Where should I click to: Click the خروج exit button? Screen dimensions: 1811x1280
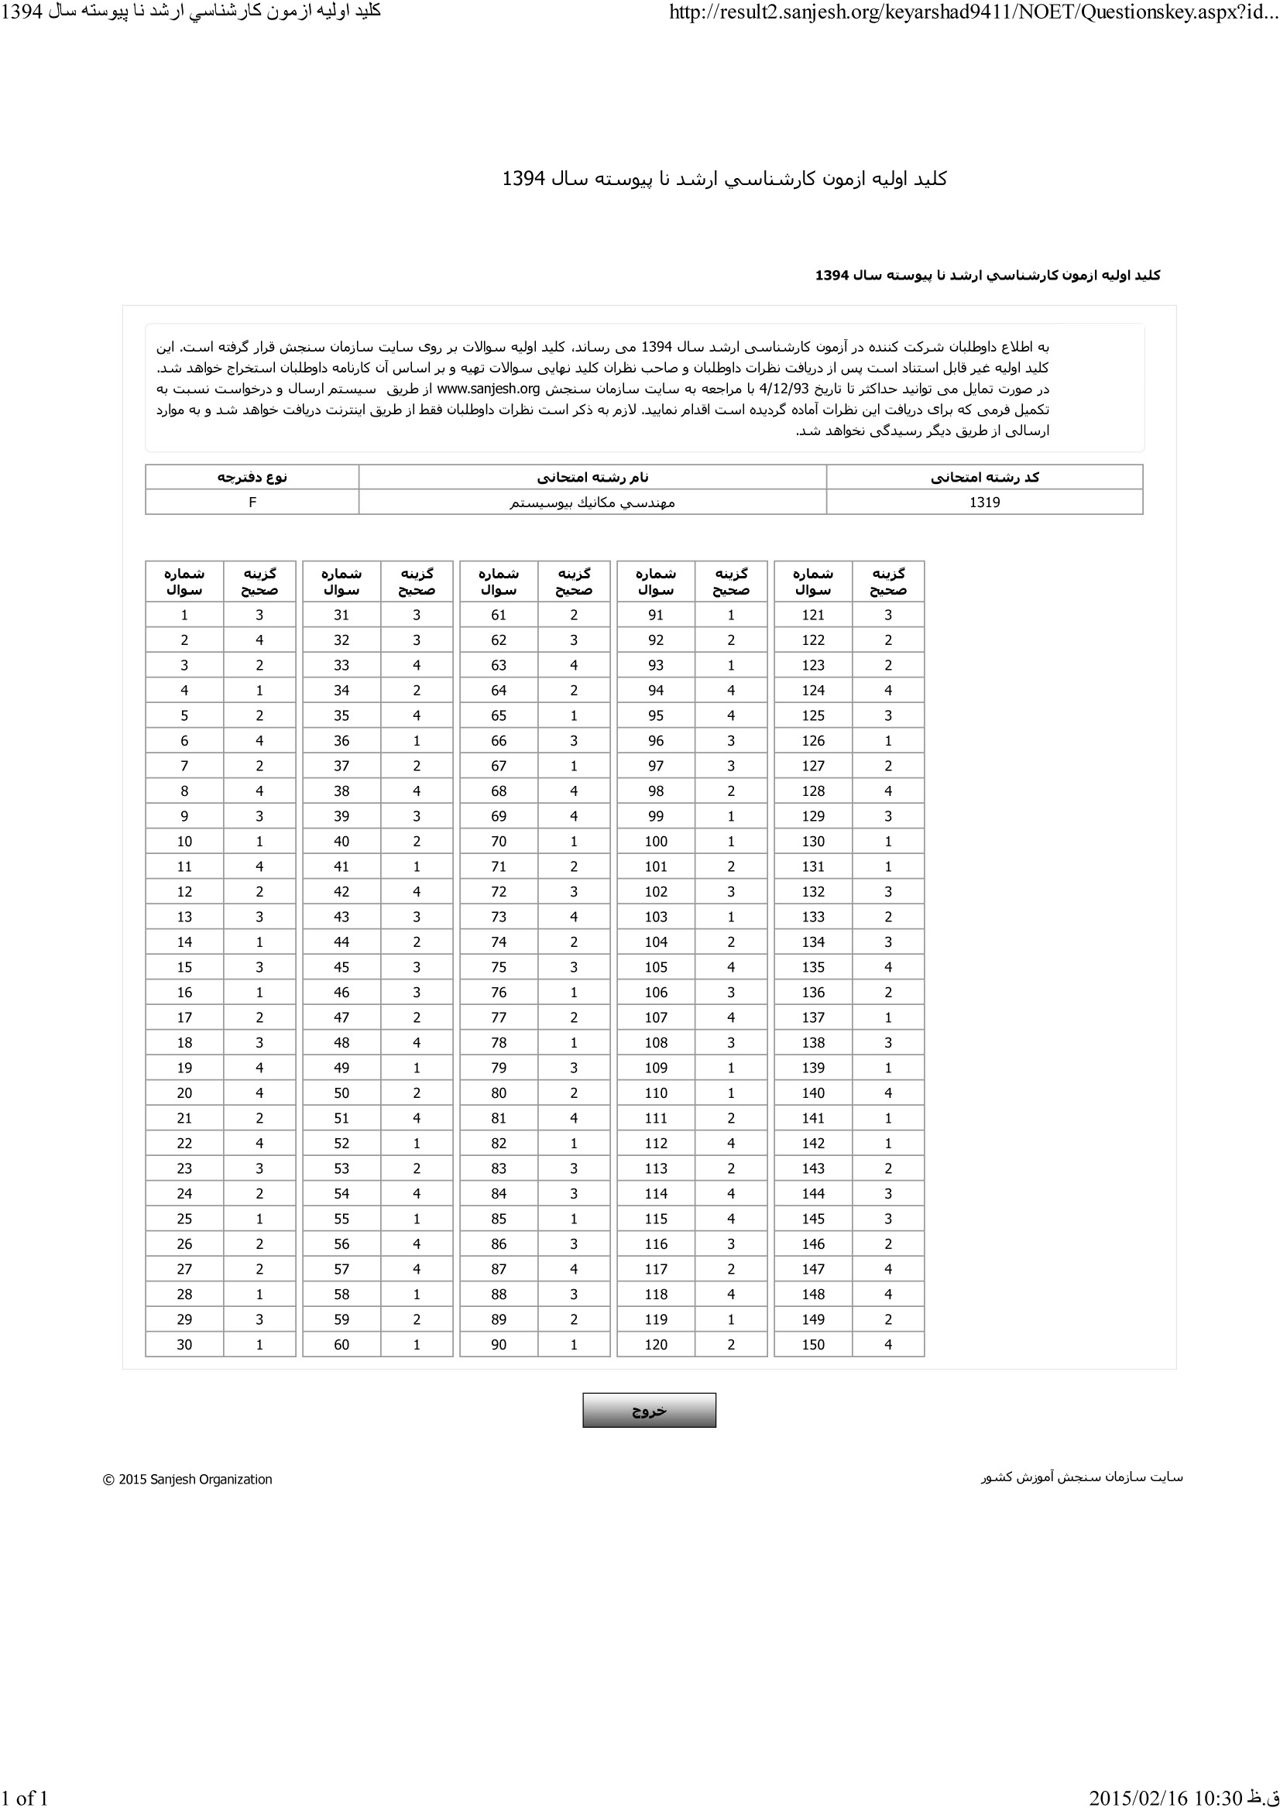click(648, 1410)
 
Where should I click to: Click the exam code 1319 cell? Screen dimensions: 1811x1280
click(984, 502)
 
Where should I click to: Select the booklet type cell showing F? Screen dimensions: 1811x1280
click(252, 502)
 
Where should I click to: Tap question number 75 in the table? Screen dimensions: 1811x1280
click(499, 967)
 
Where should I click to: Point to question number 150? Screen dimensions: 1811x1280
click(812, 1345)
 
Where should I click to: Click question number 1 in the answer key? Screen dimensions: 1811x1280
click(184, 616)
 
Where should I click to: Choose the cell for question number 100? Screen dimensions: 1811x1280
click(655, 842)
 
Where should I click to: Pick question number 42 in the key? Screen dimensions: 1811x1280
click(341, 892)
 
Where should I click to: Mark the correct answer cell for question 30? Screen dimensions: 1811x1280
click(259, 1345)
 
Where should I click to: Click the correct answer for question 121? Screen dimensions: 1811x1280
click(888, 616)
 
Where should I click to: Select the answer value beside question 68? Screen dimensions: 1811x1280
click(573, 791)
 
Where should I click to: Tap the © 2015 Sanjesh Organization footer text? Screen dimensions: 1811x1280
click(187, 1480)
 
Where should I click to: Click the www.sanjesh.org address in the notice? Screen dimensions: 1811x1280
click(488, 389)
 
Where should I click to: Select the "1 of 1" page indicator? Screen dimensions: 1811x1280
click(25, 1798)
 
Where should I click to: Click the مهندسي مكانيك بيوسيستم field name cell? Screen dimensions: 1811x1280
click(592, 502)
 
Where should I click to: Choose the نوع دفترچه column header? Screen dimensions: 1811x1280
click(252, 477)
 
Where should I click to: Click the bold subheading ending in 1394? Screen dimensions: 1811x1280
click(987, 276)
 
